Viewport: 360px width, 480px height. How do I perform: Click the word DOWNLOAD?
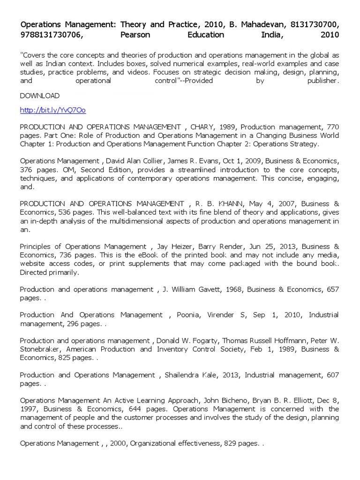pyautogui.click(x=39, y=96)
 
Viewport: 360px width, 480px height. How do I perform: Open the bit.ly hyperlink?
pyautogui.click(x=52, y=111)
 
